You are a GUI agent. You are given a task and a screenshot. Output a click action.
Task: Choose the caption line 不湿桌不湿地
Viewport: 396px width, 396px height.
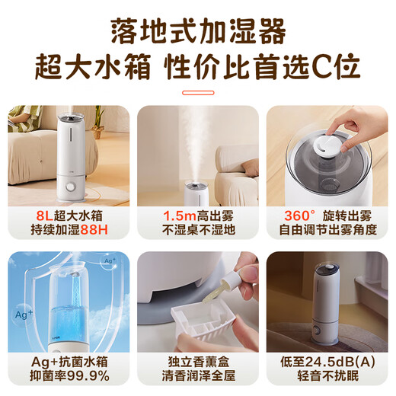click(197, 229)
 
